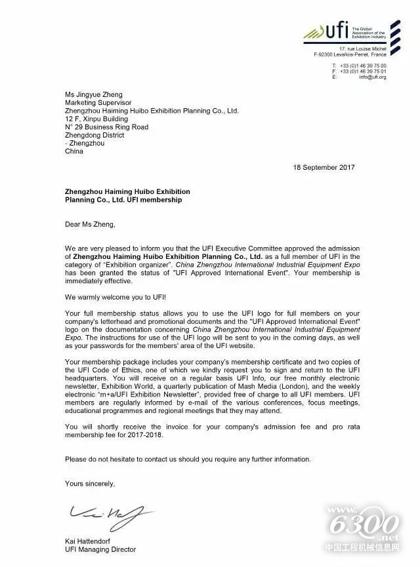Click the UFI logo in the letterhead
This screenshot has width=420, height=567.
coord(335,30)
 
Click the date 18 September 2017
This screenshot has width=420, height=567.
coord(324,167)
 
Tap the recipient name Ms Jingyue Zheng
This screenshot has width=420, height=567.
coord(94,94)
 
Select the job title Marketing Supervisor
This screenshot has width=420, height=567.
coord(93,102)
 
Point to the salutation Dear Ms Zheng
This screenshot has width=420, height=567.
coord(90,224)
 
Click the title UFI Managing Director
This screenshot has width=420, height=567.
coord(100,549)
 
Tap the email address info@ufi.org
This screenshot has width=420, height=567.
coord(373,77)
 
